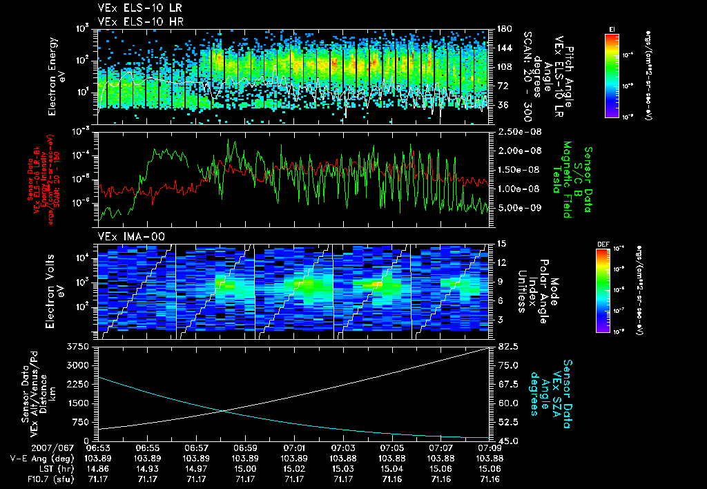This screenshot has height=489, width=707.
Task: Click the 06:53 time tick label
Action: [x=99, y=448]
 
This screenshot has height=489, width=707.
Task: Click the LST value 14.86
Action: [x=99, y=468]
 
